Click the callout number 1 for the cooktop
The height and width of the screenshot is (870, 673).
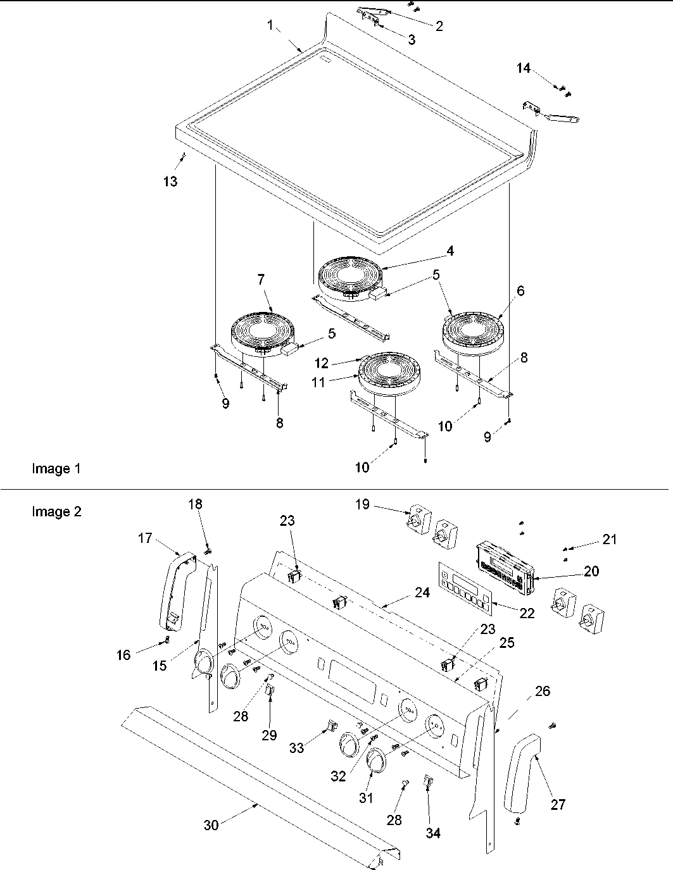tap(270, 25)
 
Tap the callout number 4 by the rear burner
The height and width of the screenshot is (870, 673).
tap(450, 251)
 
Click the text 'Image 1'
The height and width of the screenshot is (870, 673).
tap(56, 469)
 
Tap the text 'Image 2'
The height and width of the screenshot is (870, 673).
tap(56, 511)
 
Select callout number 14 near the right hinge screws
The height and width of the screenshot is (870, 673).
tap(524, 68)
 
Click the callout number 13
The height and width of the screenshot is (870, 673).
tap(169, 182)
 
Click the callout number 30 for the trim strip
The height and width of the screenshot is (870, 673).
tap(211, 825)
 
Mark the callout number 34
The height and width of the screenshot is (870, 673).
tap(432, 833)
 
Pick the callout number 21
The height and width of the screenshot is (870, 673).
tap(609, 539)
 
